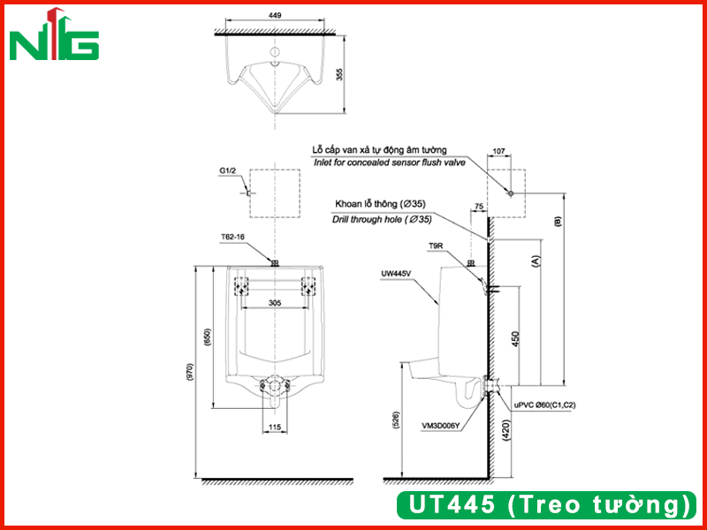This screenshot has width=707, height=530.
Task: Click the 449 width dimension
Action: click(275, 15)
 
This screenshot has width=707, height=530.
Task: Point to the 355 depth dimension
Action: click(340, 74)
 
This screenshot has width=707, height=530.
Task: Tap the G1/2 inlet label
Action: click(228, 170)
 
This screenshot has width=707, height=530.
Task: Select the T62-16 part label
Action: click(232, 236)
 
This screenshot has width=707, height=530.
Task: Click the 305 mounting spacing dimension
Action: click(275, 303)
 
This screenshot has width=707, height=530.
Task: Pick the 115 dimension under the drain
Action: click(274, 427)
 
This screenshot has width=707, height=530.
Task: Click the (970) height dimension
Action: click(190, 372)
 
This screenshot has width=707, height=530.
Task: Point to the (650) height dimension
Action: click(208, 337)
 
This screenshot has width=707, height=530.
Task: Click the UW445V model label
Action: click(396, 273)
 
